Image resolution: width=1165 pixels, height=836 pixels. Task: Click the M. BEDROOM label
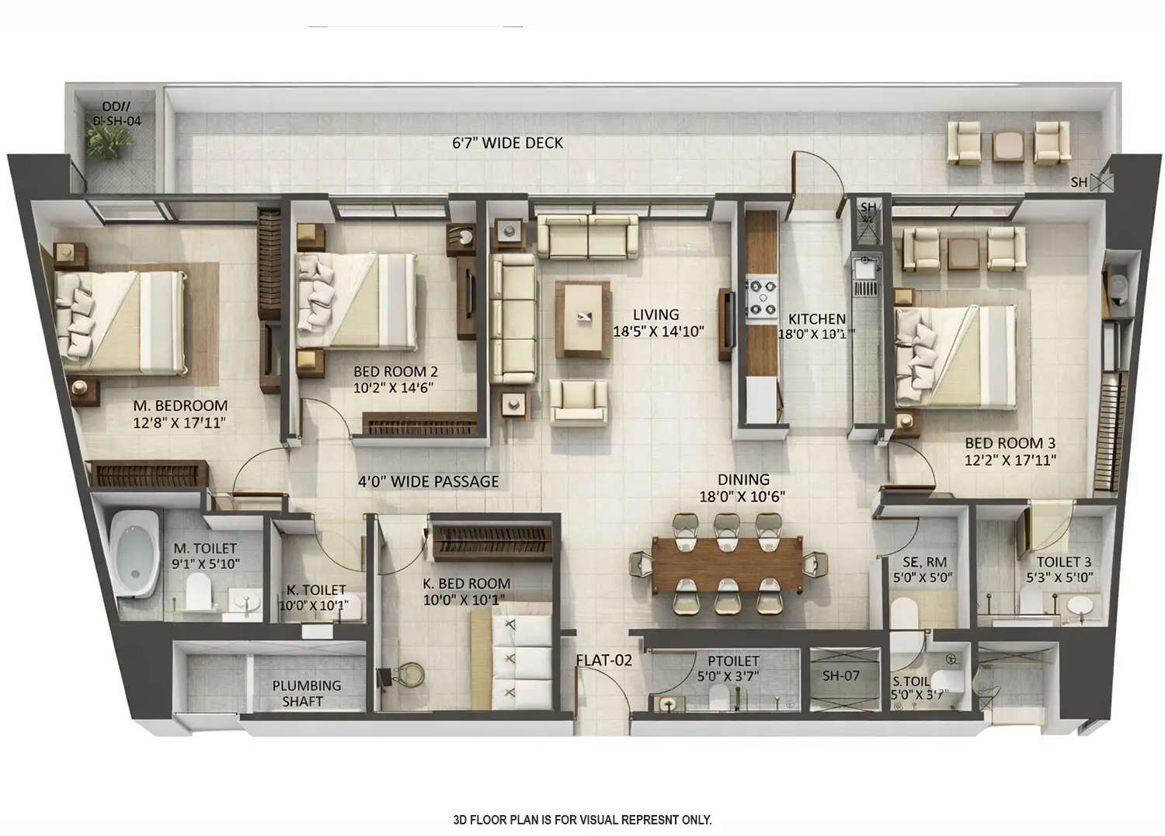click(x=180, y=406)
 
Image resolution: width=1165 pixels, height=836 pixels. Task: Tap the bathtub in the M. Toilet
click(x=134, y=553)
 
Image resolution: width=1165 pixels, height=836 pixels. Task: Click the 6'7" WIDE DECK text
click(x=508, y=143)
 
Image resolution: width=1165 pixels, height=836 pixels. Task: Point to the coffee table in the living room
click(x=582, y=318)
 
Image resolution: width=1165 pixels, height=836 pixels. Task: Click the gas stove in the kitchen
click(x=762, y=297)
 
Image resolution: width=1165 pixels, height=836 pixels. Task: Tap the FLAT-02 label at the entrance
click(x=603, y=661)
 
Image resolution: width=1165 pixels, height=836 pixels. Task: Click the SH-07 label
click(x=841, y=675)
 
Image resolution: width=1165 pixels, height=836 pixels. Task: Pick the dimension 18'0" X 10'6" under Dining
click(x=742, y=497)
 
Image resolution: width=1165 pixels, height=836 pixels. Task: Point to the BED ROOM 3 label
click(x=1010, y=443)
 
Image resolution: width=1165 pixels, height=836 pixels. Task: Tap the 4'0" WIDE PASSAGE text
click(x=428, y=481)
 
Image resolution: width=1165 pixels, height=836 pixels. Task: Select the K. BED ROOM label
click(x=466, y=584)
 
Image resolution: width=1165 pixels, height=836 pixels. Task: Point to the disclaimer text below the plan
click(x=582, y=820)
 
